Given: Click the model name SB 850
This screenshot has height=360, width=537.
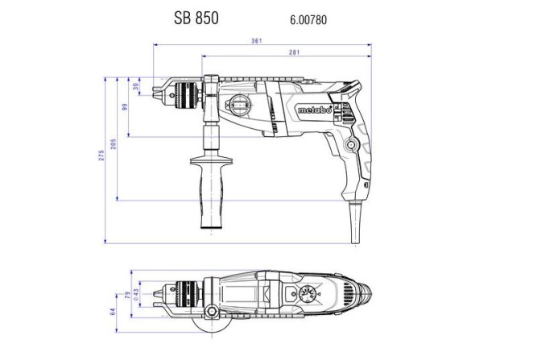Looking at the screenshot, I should pyautogui.click(x=196, y=17).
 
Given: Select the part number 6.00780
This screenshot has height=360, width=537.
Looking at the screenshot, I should pyautogui.click(x=308, y=18).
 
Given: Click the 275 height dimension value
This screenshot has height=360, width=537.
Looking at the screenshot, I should pyautogui.click(x=101, y=155).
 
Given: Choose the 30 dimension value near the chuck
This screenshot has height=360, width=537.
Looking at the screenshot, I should pyautogui.click(x=136, y=85).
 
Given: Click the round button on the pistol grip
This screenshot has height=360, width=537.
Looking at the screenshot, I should pyautogui.click(x=351, y=143).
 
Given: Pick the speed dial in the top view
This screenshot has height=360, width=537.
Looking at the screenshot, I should pyautogui.click(x=308, y=295).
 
